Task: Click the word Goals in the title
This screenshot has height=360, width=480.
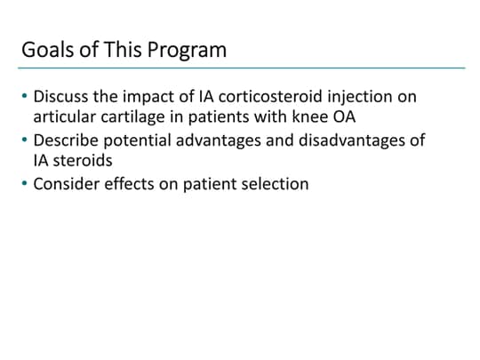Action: (44, 50)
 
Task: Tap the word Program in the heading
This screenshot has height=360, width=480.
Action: (188, 50)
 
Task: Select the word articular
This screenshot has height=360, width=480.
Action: (65, 117)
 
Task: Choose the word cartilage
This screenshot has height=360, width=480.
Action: (136, 117)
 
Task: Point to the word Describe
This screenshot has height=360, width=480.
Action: (65, 140)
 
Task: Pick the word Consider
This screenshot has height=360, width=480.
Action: (66, 185)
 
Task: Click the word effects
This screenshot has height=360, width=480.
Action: (131, 185)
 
